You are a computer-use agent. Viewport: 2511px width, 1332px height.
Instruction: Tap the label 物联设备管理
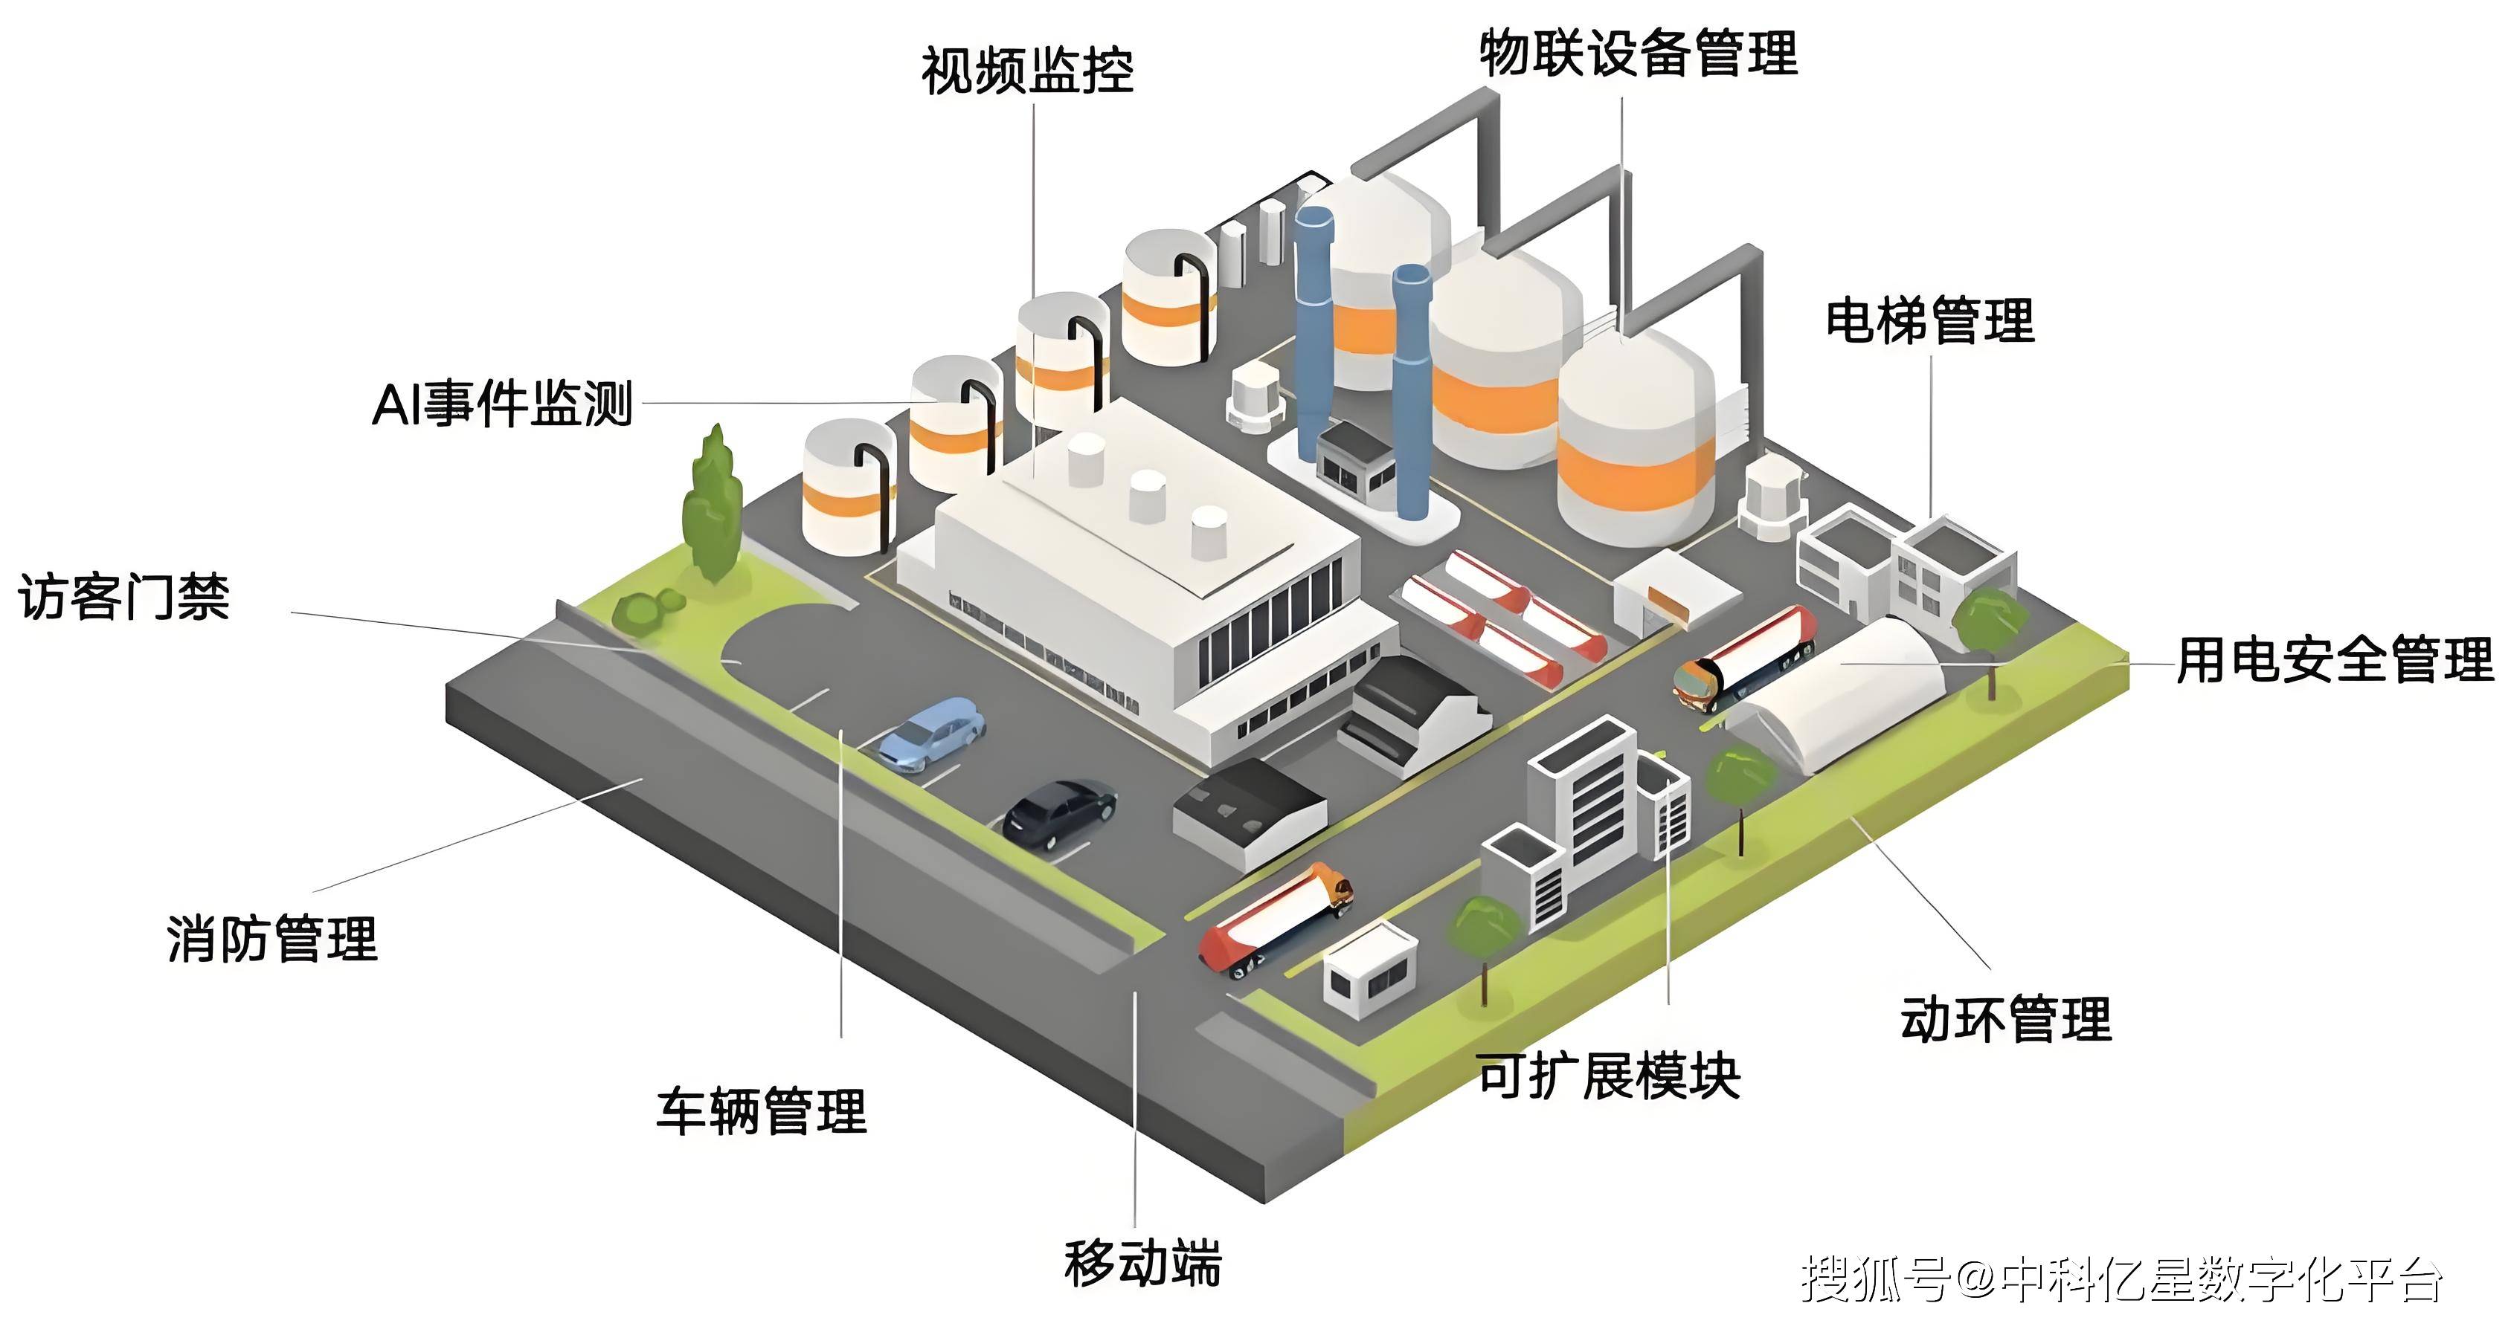tap(1639, 53)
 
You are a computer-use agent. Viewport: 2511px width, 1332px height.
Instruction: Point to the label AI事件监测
tap(503, 404)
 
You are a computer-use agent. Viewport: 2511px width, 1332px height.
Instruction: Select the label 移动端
tap(1142, 1264)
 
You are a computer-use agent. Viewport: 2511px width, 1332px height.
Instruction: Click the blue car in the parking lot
tap(932, 733)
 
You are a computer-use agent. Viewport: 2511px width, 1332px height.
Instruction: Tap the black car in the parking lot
tap(1060, 812)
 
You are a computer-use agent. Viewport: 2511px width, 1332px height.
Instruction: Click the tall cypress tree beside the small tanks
tap(713, 507)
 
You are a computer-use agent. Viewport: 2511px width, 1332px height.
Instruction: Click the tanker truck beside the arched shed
tap(1745, 657)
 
